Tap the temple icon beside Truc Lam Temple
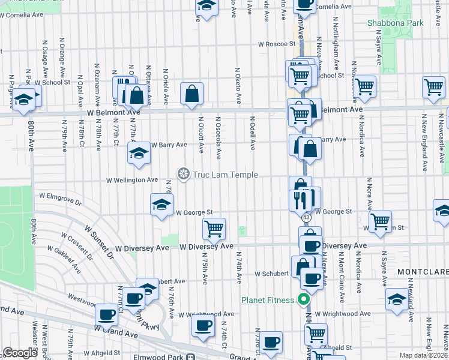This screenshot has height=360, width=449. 184,174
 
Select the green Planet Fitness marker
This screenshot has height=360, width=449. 304,300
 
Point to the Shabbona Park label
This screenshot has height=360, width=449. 395,23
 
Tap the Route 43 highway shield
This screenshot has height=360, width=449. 306,217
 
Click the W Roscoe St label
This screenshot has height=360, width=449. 277,44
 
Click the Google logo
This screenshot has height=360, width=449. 20,353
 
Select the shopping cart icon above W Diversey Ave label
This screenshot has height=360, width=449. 214,227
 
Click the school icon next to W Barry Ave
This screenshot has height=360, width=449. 139,153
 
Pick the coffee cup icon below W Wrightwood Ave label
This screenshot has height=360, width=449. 203,326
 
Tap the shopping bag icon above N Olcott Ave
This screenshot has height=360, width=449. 191,93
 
